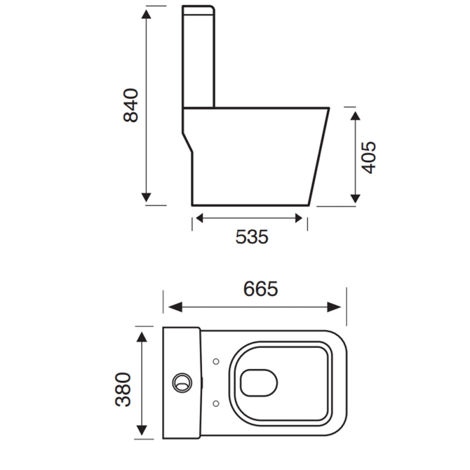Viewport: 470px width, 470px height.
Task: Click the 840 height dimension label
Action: [130, 105]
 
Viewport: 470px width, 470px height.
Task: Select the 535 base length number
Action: [251, 237]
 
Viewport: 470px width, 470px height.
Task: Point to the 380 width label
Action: [124, 390]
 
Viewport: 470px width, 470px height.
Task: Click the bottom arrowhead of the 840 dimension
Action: [147, 197]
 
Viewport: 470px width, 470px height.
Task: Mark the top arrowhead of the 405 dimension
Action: [355, 115]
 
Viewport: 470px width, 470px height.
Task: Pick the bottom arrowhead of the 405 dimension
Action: [355, 197]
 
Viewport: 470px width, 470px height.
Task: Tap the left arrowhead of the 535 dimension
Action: [199, 219]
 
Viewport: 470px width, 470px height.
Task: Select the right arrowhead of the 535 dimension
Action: [299, 219]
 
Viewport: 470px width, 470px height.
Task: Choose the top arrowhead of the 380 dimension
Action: [142, 337]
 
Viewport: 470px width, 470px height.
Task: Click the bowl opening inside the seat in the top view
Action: [258, 382]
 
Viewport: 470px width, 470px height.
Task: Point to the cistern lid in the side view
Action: [199, 11]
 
